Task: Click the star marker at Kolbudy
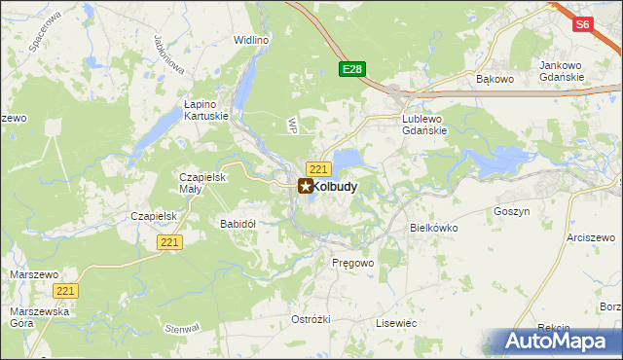[x=306, y=186]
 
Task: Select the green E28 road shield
[x=352, y=69]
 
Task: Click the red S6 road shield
[x=582, y=25]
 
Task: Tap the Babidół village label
[x=238, y=224]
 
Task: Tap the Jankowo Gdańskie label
[x=561, y=71]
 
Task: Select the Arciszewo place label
[x=593, y=237]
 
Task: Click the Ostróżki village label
[x=311, y=319]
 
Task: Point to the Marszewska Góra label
[x=34, y=317]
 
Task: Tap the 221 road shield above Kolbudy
[x=316, y=168]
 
